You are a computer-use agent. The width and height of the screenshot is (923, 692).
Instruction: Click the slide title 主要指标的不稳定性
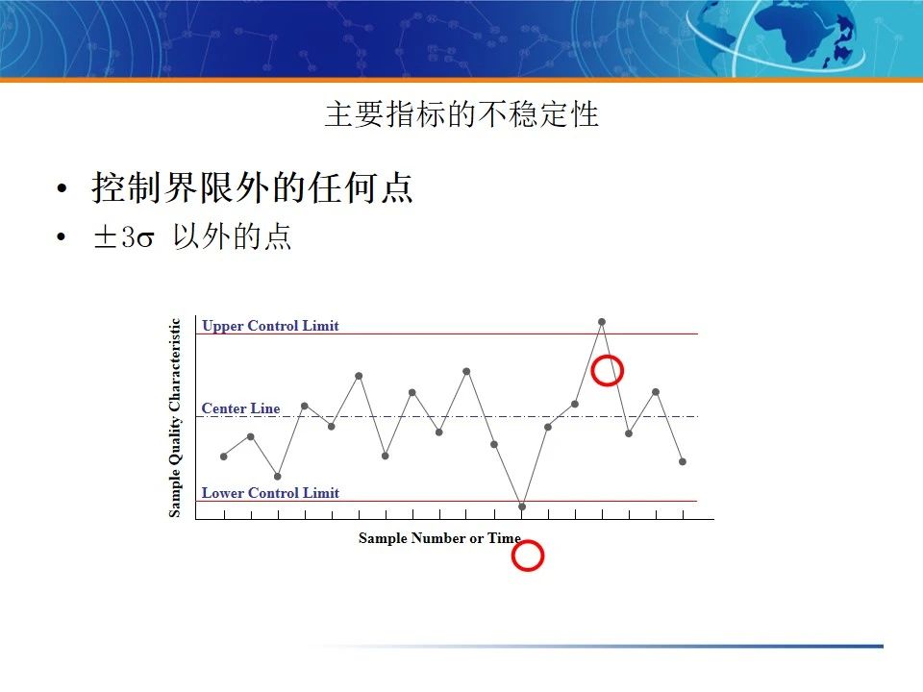tap(461, 114)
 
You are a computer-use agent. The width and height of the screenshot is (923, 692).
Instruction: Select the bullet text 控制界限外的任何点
tap(253, 187)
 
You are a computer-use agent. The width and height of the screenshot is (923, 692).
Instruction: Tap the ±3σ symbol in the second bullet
tap(123, 238)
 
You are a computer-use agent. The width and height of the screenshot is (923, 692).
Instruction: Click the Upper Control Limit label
tap(270, 326)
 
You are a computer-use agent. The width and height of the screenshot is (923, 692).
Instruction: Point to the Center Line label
tap(240, 408)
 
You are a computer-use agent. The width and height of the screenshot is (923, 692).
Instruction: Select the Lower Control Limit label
tap(270, 493)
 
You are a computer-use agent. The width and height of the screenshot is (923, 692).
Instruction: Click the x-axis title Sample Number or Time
tap(439, 538)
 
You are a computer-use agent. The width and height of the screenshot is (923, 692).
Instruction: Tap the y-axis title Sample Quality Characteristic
tap(175, 417)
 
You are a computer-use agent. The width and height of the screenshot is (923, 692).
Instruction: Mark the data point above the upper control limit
tap(602, 322)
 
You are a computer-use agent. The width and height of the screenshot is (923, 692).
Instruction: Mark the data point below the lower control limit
tap(522, 507)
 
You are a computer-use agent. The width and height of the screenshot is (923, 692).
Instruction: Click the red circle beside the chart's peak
tap(607, 370)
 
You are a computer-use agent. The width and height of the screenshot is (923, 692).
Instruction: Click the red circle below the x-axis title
tap(528, 556)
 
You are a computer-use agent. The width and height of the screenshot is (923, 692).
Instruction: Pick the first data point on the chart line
tap(224, 457)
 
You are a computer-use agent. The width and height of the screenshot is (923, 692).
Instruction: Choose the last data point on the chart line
tap(683, 461)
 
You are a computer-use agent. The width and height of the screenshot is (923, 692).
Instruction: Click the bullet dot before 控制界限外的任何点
tap(62, 189)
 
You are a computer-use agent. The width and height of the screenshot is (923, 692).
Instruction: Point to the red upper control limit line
tap(481, 334)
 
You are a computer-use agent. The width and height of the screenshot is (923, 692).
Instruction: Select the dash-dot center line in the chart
tap(481, 416)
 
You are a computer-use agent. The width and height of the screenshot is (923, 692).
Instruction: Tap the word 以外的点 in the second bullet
tap(232, 238)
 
